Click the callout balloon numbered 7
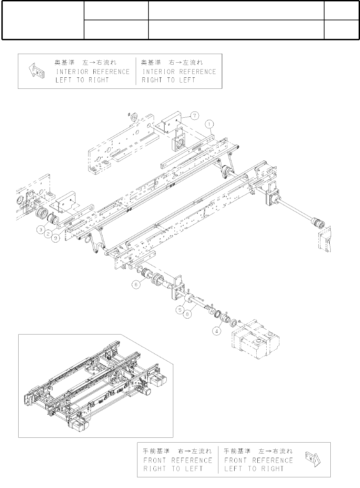click(x=195, y=116)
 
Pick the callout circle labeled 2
click(x=49, y=234)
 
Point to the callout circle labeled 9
click(x=56, y=238)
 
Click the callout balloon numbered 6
click(x=137, y=285)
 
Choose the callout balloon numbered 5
click(x=180, y=310)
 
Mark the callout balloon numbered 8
click(x=187, y=314)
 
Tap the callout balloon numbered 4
click(x=216, y=331)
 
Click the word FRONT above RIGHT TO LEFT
click(x=155, y=460)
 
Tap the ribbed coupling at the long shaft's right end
click(x=317, y=223)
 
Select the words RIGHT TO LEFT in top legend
click(x=168, y=80)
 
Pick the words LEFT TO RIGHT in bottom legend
click(x=254, y=469)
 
